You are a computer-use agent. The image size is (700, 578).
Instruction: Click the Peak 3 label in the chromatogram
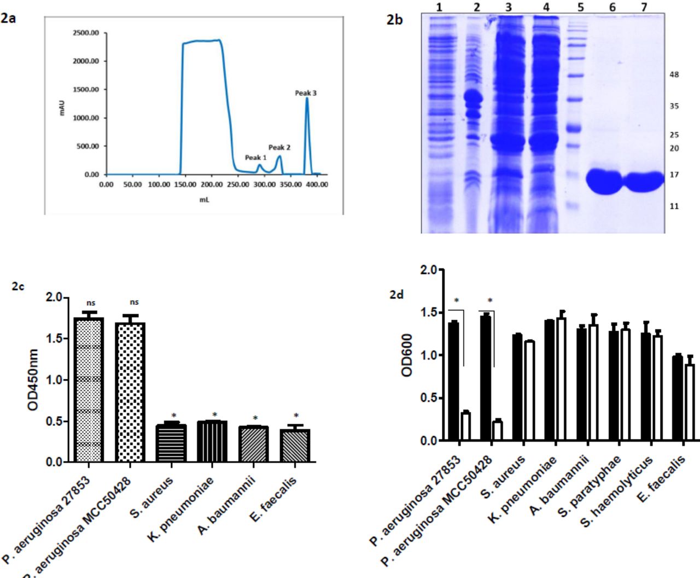(306, 93)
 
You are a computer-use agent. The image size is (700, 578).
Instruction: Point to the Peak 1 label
(255, 158)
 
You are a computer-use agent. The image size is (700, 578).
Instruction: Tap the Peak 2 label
(279, 147)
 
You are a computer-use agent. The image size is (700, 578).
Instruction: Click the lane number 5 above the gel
(580, 7)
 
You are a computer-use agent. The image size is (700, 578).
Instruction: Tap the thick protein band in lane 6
(604, 181)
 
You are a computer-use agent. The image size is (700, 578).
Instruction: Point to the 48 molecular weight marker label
(674, 74)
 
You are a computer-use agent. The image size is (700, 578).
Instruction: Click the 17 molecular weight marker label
(674, 175)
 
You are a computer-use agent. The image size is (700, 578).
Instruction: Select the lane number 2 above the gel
(476, 7)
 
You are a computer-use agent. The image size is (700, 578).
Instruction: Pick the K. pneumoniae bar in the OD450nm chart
(212, 441)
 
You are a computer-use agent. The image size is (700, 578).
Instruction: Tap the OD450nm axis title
(33, 380)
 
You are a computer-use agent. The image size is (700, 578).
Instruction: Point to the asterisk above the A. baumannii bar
(255, 419)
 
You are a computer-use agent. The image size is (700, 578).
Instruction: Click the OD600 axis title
(407, 355)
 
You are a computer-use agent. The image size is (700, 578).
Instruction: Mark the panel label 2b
(394, 20)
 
